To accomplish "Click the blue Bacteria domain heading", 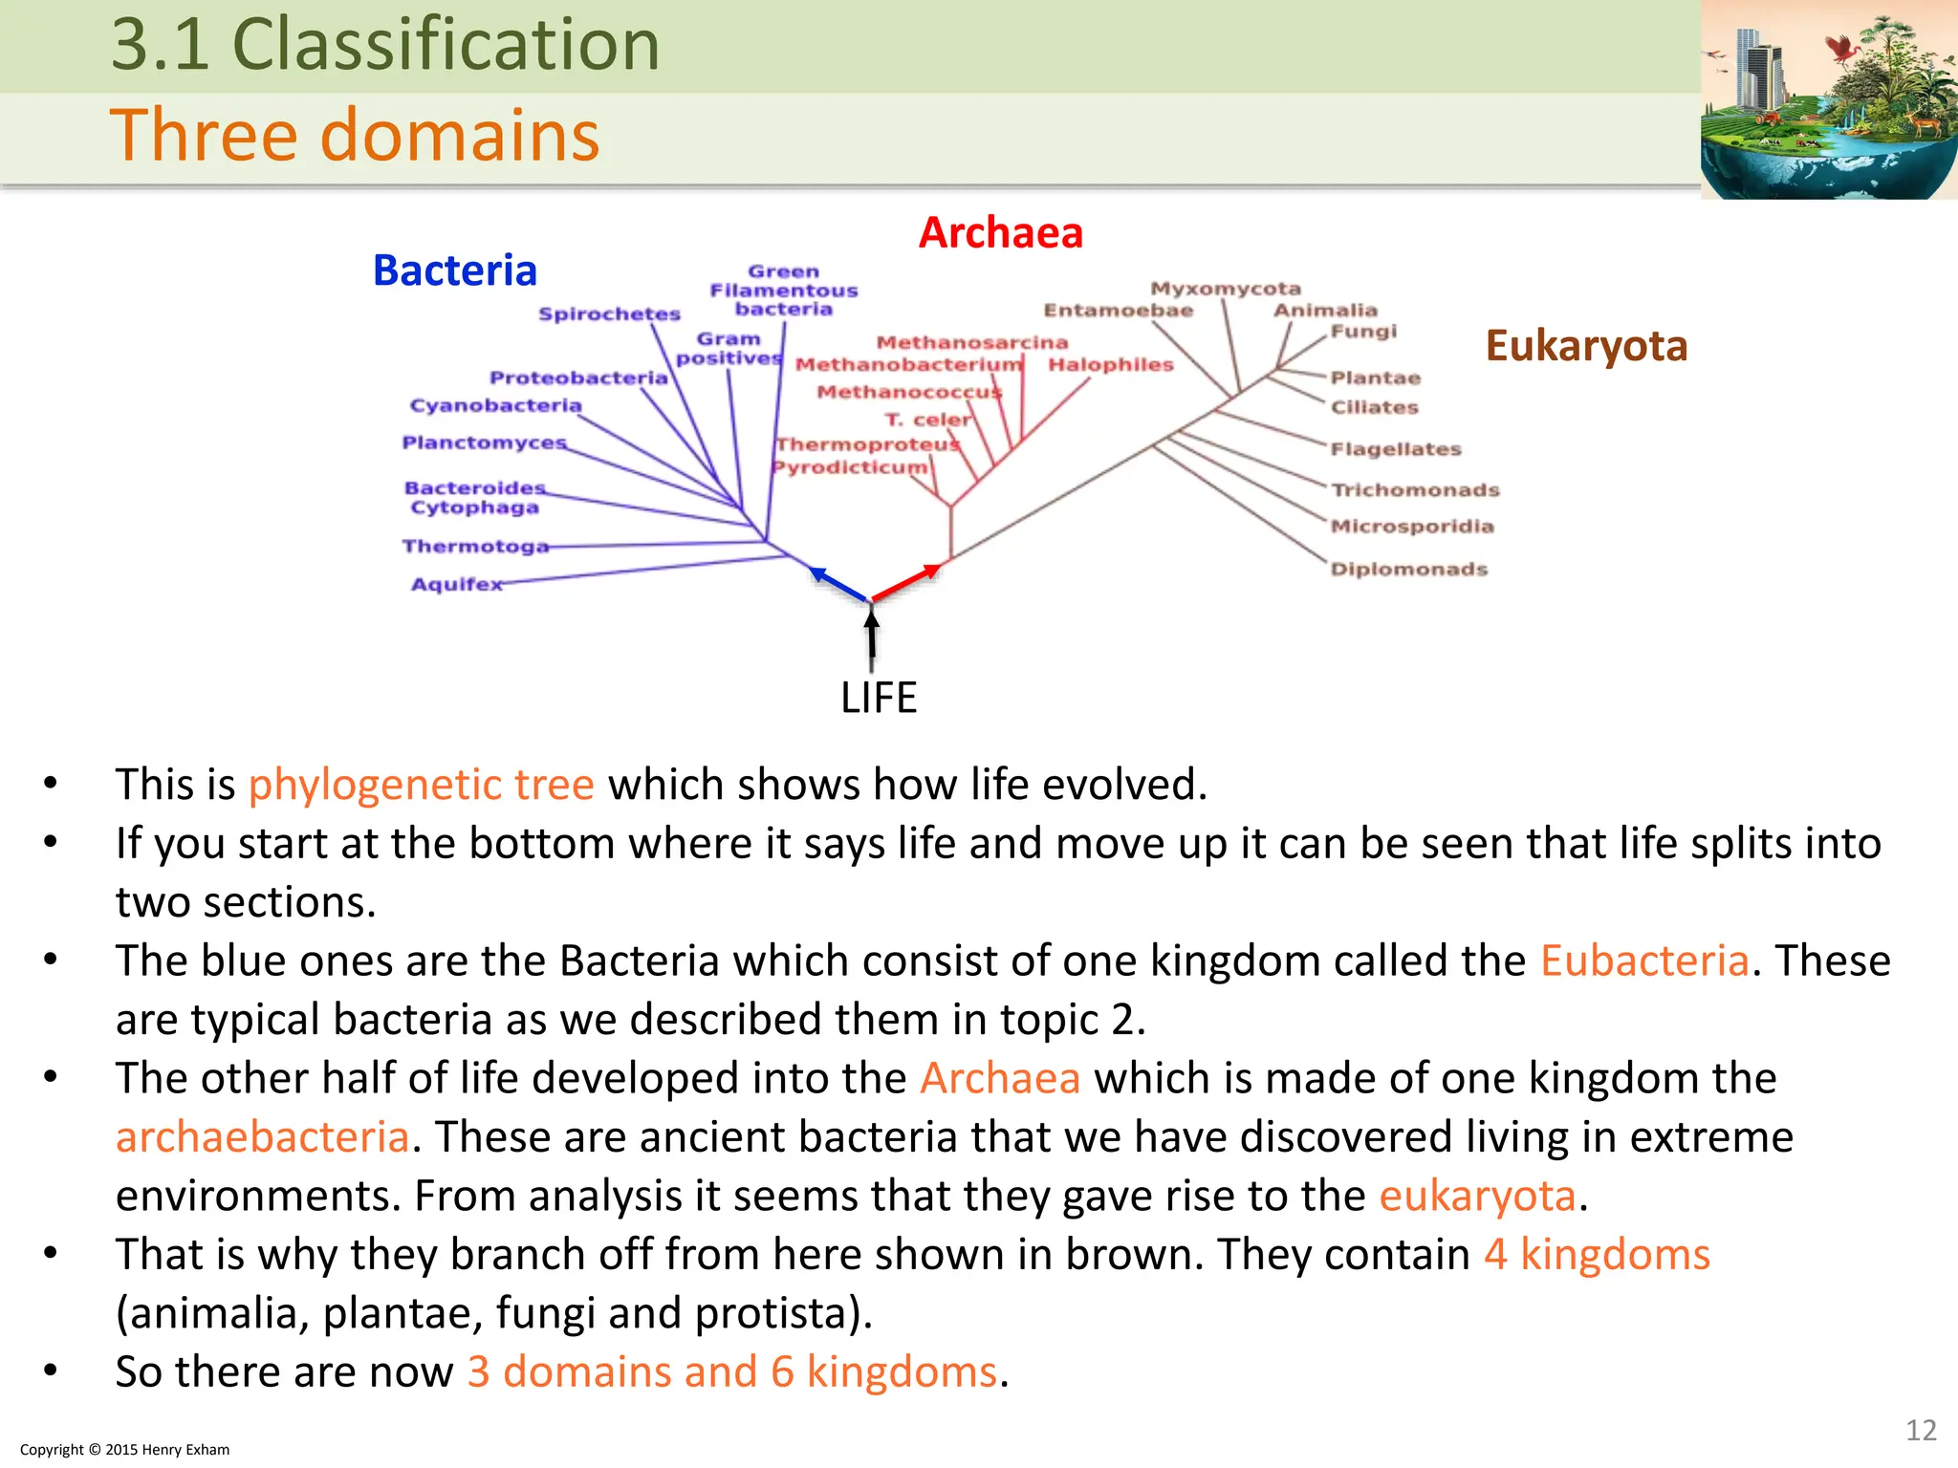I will (x=455, y=270).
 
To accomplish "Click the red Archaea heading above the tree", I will (x=1000, y=232).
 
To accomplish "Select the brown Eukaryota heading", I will (x=1586, y=346).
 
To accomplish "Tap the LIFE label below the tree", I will (x=878, y=698).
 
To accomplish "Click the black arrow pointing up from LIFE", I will (x=871, y=639).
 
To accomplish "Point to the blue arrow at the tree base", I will (x=838, y=584).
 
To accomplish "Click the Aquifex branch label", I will (x=456, y=584).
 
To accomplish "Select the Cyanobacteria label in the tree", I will (x=495, y=405).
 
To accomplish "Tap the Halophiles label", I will (x=1110, y=364).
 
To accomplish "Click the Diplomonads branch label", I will (x=1409, y=569).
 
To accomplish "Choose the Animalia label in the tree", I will (x=1325, y=310).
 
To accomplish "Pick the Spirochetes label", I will (x=609, y=313).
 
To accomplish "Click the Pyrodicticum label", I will (x=850, y=466).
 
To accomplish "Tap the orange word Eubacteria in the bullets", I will (x=1643, y=961).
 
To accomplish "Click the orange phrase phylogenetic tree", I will (x=422, y=785).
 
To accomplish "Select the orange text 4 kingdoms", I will (x=1597, y=1254).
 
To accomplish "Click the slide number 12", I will (x=1920, y=1430).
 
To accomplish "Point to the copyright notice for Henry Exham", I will (x=125, y=1449).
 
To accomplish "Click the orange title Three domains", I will (x=355, y=135).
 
